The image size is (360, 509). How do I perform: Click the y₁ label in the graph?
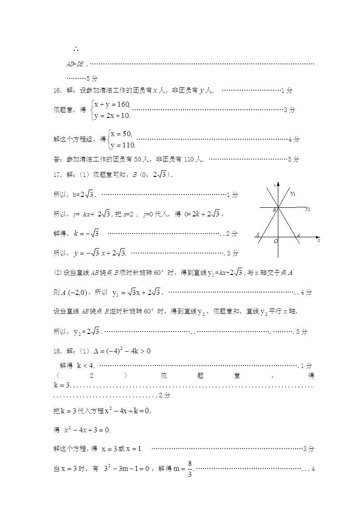(x=293, y=194)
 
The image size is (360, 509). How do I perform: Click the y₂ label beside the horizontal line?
(x=307, y=209)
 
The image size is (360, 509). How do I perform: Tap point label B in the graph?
(x=274, y=210)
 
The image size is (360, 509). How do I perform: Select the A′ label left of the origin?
(x=258, y=235)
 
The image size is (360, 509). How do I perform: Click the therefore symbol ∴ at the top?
(x=76, y=49)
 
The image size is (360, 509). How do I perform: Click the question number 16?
(x=57, y=90)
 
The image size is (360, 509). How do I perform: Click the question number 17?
(x=57, y=174)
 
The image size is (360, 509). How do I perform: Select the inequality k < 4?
(x=86, y=365)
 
